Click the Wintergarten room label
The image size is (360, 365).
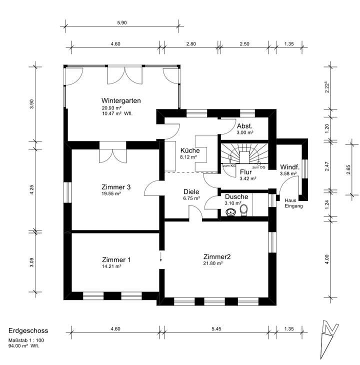coord(120,100)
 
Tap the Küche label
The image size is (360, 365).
coord(189,150)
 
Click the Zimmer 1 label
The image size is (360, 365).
coord(116,260)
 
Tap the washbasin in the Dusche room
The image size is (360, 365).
coord(231,212)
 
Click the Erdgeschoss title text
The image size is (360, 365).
coord(28,331)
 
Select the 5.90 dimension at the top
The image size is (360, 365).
coord(121,22)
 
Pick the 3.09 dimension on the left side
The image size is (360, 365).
coord(31,262)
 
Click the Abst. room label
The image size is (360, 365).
coord(244,126)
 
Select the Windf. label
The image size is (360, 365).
coord(289,167)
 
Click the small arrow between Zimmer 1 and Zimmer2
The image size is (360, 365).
coord(161,257)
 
